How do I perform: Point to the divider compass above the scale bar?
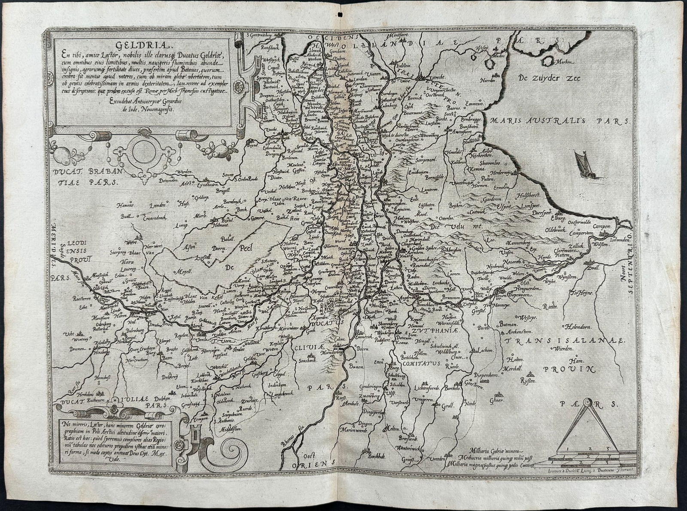point(587,423)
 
